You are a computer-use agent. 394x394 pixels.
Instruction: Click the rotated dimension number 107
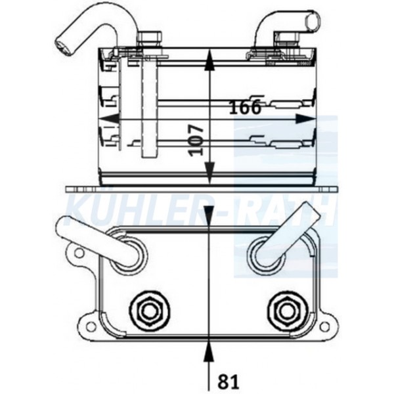196,141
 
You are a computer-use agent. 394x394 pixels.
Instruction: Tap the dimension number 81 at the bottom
229,382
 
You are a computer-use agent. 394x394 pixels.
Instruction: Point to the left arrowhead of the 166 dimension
108,118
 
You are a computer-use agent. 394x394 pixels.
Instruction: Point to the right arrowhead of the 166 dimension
305,119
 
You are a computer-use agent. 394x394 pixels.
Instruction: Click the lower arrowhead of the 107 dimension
209,173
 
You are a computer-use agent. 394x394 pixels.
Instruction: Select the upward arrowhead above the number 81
209,352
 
